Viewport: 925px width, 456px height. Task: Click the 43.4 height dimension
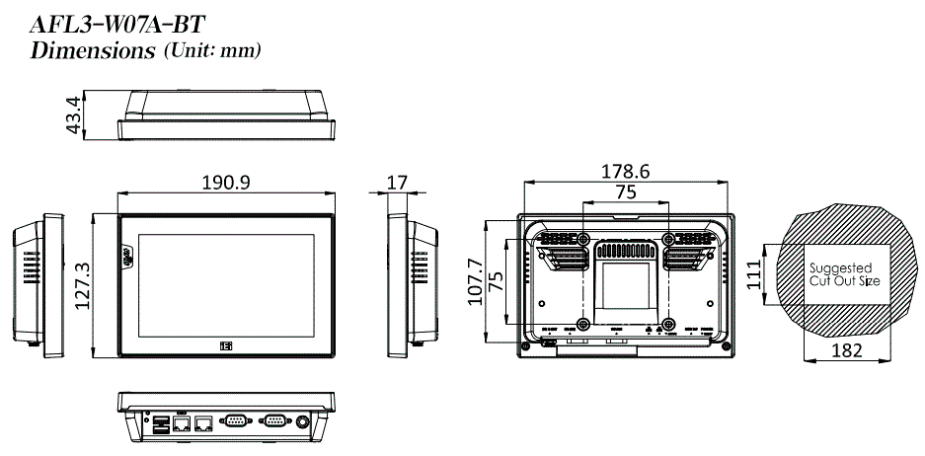point(71,117)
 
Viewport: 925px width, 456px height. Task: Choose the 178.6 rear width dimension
point(625,172)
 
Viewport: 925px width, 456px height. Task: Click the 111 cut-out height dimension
point(754,272)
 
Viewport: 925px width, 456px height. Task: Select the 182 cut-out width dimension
point(847,350)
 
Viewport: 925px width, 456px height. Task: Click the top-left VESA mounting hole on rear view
point(583,240)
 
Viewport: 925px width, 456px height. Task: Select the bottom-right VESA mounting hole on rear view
point(668,323)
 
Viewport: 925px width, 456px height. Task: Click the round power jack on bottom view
point(303,422)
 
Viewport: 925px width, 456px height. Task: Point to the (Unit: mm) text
point(212,49)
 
